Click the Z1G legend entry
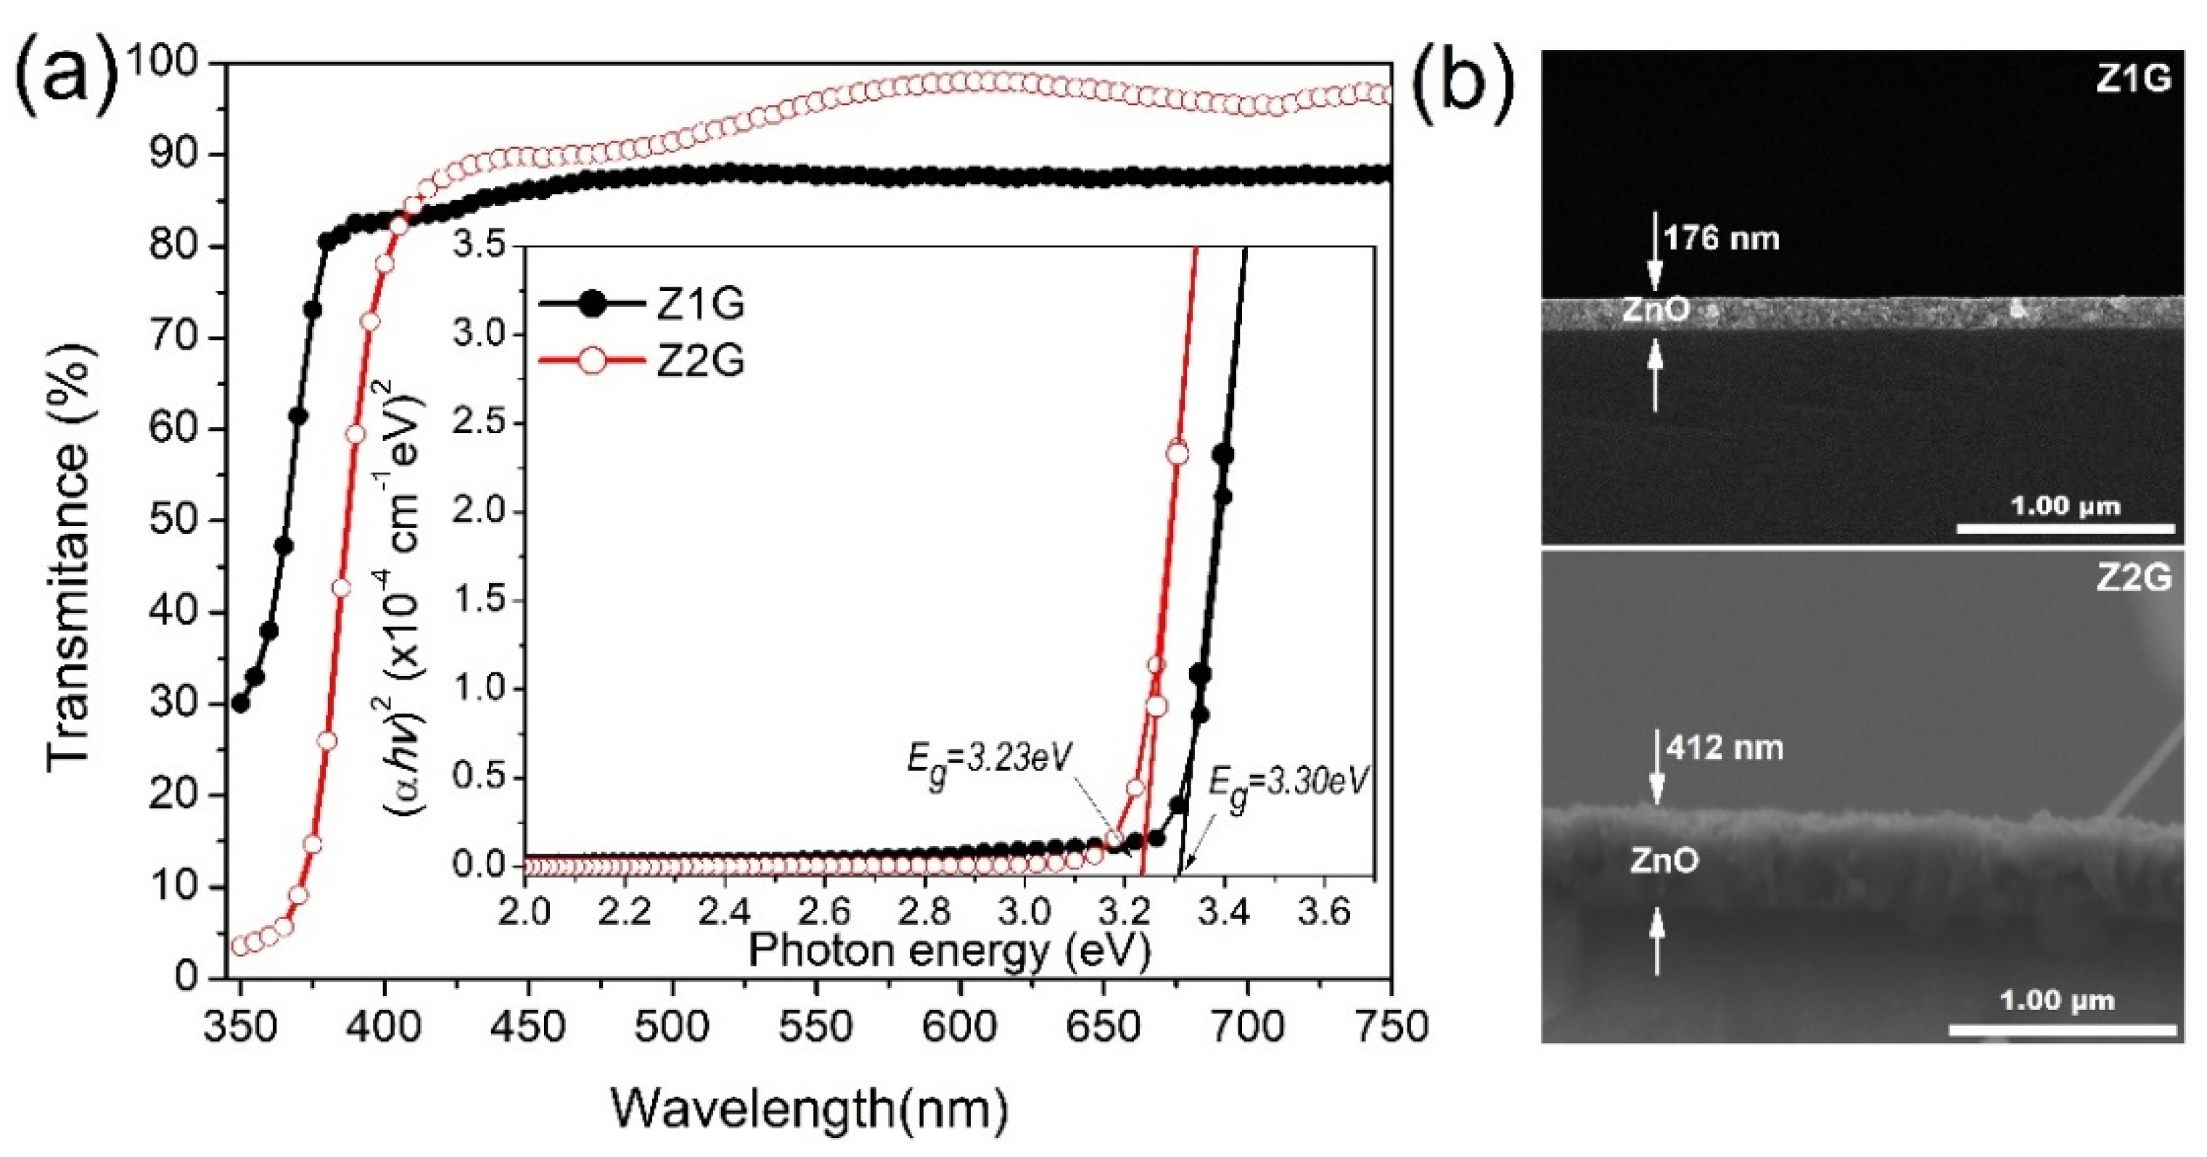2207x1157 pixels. pos(643,304)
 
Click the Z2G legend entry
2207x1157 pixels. pos(643,361)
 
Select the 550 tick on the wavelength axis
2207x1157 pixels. pos(815,1025)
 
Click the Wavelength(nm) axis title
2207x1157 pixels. pos(809,1109)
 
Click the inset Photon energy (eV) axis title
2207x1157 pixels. pos(948,950)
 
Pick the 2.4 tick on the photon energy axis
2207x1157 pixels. pos(725,912)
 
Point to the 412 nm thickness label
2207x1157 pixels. pos(1725,749)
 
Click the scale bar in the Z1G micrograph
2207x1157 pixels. pos(2066,528)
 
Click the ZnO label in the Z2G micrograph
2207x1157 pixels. pos(1663,861)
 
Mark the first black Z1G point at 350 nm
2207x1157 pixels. pos(241,703)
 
